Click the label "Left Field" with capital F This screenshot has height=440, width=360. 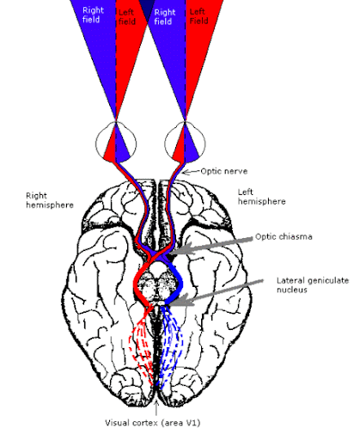point(198,16)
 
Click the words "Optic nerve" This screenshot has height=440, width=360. point(224,171)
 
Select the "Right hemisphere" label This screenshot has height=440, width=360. point(50,200)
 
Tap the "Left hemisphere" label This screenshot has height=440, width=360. point(261,197)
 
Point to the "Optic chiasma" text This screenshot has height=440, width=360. point(284,236)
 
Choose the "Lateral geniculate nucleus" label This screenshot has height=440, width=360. point(313,284)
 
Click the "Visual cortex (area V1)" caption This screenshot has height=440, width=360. point(153,423)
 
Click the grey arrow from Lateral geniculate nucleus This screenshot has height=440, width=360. point(217,292)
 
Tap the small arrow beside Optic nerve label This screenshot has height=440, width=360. point(191,172)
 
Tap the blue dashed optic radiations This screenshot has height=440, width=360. point(171,346)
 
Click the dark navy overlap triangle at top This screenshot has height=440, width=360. point(147,9)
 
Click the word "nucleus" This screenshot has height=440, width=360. point(292,290)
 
